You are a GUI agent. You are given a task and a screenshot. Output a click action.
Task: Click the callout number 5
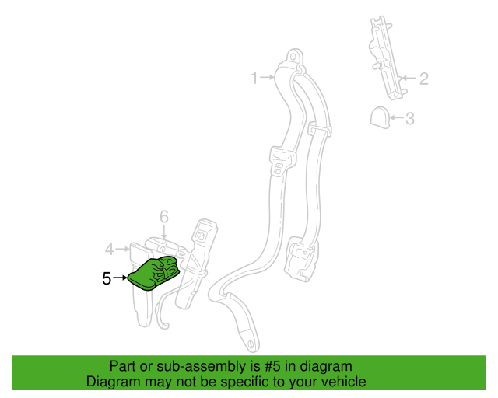coord(107,278)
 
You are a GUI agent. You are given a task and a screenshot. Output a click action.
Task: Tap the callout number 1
coord(254,78)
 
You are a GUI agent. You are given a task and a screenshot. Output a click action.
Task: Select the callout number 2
coord(423,79)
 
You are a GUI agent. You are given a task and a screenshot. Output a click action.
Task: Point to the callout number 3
coord(410,118)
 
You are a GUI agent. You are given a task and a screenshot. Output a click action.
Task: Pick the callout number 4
coord(110,250)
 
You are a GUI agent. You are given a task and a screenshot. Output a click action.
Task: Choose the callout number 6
coord(164,216)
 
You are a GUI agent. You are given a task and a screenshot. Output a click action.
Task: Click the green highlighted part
coord(154,273)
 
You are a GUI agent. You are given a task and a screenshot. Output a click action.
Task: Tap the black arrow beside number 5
coord(120,278)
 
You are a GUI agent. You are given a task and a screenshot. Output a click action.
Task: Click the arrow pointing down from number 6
coord(164,232)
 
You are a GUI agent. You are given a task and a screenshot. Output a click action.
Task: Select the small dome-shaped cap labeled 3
coord(381,117)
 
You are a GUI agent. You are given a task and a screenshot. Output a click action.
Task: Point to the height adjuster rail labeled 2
coord(388,58)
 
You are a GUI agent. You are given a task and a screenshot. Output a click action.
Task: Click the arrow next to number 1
coord(267,77)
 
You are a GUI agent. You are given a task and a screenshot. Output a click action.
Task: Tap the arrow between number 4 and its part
coord(123,249)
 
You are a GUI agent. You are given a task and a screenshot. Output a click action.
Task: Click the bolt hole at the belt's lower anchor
coord(251,344)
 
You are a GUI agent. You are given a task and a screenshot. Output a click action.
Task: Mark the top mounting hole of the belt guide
coord(293,57)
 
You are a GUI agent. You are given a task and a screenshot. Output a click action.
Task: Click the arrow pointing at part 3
coord(397,117)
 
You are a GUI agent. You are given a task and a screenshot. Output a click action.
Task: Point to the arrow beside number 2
coord(409,78)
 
